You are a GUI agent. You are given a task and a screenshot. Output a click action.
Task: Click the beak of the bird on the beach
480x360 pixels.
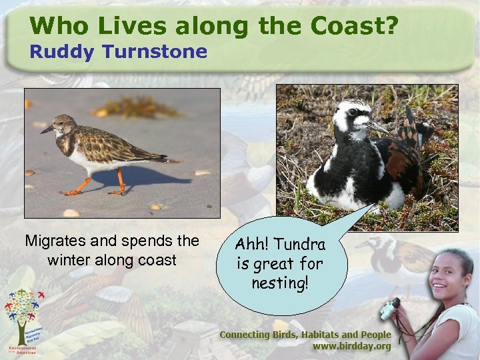point(46,129)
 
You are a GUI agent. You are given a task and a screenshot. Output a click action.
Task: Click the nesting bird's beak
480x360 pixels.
point(378,127)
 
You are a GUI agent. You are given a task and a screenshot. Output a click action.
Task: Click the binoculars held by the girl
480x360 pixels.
point(390,308)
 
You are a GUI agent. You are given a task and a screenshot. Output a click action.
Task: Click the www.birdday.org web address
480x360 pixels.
point(352,347)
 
